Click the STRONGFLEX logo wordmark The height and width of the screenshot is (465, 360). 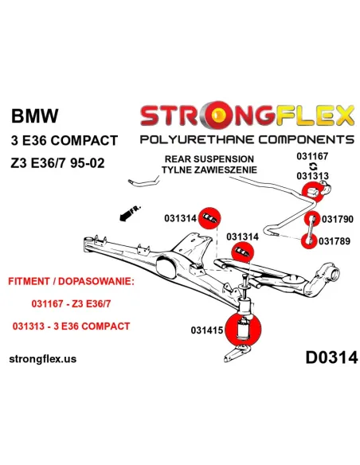point(246,117)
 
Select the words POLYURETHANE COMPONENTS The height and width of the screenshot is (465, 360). point(246,141)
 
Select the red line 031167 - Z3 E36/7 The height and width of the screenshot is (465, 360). point(72,304)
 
